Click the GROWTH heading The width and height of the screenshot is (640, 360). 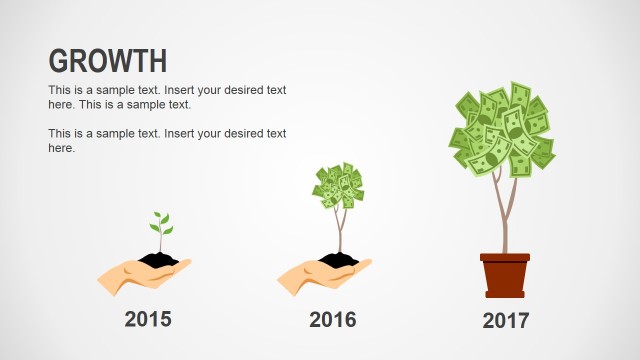pos(108,61)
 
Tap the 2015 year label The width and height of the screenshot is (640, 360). pos(148,320)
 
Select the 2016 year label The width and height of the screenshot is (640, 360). pos(333,320)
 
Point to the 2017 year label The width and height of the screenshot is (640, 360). pos(505,321)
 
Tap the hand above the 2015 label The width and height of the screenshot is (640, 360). pos(135,274)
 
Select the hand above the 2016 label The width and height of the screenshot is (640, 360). pos(315,274)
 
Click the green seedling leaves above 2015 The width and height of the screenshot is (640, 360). pos(160,221)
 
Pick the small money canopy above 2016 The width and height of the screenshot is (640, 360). pos(337,186)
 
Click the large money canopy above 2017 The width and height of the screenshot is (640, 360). pos(502,128)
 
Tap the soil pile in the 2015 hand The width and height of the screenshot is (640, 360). pos(159,260)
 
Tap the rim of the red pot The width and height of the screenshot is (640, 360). pos(505,257)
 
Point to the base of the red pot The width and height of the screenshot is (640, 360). pos(505,294)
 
